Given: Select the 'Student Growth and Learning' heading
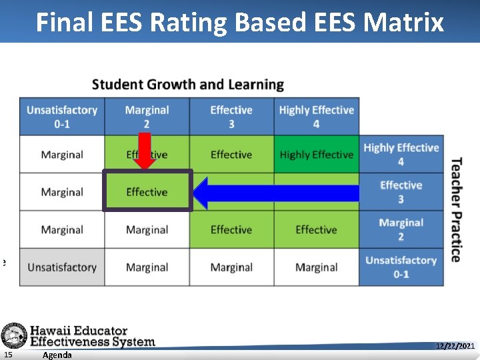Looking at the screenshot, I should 188,85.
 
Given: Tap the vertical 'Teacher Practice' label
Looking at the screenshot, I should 457,209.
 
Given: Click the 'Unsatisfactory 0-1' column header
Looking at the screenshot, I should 62,117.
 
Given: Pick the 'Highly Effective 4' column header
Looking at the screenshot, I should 316,117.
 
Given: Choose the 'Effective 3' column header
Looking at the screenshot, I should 231,117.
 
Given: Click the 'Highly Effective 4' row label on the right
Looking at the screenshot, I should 401,155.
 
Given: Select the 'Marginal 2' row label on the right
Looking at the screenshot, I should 401,229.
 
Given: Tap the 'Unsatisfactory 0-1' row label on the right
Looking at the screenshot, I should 401,267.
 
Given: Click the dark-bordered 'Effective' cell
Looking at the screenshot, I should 147,192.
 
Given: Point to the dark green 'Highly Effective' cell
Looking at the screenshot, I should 316,155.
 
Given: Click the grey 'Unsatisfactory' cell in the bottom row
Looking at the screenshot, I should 62,267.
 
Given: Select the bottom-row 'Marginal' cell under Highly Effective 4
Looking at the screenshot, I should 316,267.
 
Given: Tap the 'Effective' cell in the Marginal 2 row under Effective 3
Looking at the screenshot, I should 231,230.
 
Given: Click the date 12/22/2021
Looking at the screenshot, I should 455,347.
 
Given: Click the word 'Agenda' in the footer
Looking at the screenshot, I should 57,355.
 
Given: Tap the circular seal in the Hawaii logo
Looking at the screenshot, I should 13,335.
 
